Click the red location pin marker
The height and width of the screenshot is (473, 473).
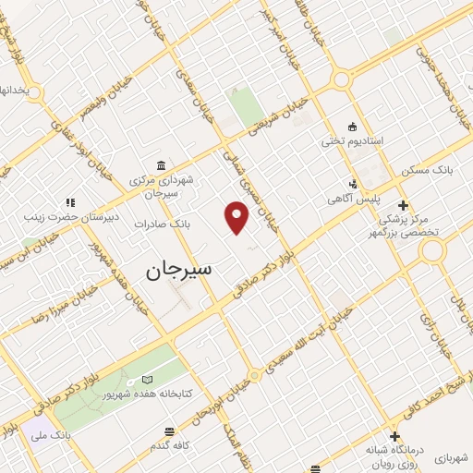click(237, 217)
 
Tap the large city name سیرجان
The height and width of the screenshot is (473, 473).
click(178, 270)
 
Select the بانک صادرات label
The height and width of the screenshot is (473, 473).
click(161, 224)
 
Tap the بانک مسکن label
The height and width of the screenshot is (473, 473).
click(423, 171)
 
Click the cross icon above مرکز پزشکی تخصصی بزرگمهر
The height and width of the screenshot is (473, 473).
click(402, 205)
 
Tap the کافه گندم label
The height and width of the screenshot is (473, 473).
click(172, 445)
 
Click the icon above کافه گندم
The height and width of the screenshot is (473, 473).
click(169, 431)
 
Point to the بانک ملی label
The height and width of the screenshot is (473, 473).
click(50, 433)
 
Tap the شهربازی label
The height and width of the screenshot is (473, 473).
click(454, 456)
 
